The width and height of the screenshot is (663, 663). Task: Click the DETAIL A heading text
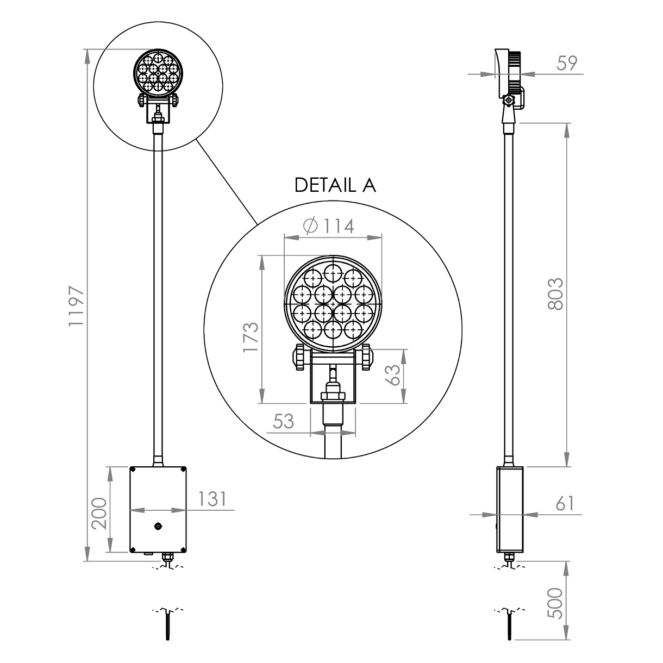335,185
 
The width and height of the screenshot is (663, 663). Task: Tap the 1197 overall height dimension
76,305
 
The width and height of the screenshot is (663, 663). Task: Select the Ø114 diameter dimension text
329,226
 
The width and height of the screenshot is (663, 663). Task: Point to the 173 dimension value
251,337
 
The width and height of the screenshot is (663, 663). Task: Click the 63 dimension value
393,374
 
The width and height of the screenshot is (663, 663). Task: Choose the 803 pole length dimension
555,294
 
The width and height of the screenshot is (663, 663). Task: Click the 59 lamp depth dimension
567,63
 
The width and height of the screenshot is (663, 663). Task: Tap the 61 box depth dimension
565,503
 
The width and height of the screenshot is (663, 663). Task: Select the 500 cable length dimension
555,608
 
